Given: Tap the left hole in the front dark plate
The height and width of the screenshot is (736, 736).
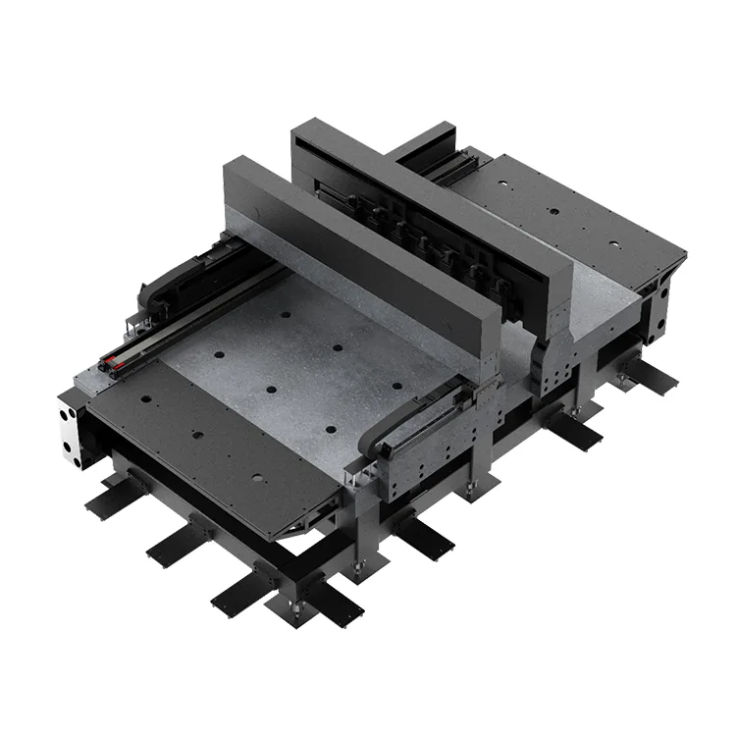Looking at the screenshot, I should (x=145, y=399).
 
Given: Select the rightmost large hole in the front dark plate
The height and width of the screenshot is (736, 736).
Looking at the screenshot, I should (x=258, y=478).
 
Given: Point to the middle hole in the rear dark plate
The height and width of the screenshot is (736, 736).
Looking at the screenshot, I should (x=554, y=210).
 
